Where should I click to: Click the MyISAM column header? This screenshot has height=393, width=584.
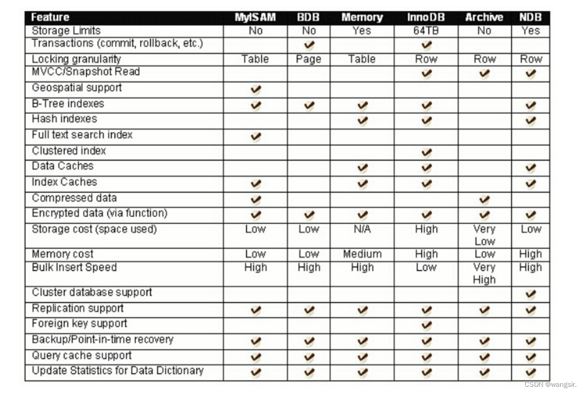point(255,18)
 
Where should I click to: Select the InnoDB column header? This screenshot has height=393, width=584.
point(425,18)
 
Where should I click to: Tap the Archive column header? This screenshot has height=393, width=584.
point(484,18)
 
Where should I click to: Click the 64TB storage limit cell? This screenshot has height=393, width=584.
point(426,30)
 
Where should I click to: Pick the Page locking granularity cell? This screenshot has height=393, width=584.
point(309,59)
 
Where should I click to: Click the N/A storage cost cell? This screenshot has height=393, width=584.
point(362,229)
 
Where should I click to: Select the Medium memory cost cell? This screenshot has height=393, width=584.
point(362,254)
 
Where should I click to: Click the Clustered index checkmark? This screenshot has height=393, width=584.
point(426,153)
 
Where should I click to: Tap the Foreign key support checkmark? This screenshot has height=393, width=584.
point(426,325)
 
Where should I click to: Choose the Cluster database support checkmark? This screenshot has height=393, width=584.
point(530,294)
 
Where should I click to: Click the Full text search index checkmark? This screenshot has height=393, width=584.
point(256,137)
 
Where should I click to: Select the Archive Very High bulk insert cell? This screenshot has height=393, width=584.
point(484,274)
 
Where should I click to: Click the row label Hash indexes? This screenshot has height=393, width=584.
point(65,119)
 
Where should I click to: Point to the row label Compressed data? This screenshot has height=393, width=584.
point(74,198)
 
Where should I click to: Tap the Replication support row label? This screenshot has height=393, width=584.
point(78,308)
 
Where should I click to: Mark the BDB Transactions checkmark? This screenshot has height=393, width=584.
point(309,45)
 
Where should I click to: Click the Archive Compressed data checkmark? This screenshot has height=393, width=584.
point(484,200)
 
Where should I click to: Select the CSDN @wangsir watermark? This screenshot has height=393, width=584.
point(550,385)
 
